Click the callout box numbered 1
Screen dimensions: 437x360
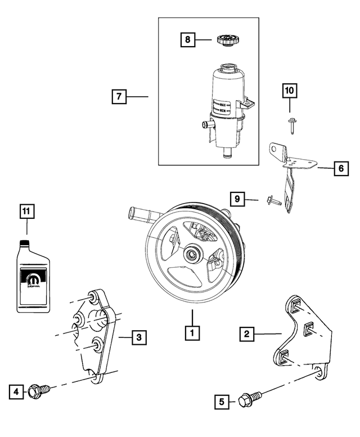tap(192, 333)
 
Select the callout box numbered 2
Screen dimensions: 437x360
tap(246, 334)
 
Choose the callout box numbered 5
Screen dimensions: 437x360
tap(222, 401)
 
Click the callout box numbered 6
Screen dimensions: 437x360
tap(340, 168)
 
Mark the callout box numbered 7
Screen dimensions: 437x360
tap(119, 97)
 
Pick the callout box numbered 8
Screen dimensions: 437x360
tap(187, 40)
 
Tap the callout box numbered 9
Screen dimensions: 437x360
tap(237, 199)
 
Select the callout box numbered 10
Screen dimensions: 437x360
tap(290, 90)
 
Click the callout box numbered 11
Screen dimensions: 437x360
tap(26, 211)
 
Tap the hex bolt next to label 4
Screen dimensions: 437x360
tap(40, 389)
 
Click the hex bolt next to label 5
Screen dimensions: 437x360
tap(247, 400)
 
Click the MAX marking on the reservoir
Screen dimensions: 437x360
tap(224, 104)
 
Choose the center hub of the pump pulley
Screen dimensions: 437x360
tap(192, 255)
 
